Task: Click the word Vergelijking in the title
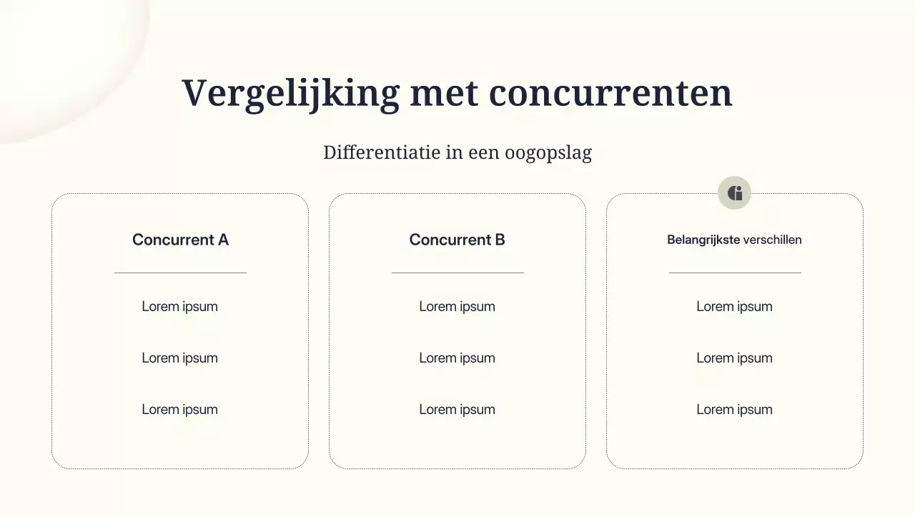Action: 290,94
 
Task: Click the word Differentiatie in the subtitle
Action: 381,152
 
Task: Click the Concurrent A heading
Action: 180,240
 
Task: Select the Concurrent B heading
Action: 457,240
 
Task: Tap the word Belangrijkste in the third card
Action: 703,240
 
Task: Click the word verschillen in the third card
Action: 772,240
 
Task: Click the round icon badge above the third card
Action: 734,192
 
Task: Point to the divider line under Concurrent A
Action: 180,273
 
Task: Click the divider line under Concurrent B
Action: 457,273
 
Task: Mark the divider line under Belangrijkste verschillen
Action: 735,273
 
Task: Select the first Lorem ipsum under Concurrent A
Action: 179,306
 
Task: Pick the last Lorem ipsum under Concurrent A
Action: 179,409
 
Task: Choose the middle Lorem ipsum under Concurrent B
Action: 457,358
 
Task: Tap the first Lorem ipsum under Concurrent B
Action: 457,306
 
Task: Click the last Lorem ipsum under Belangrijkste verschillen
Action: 734,409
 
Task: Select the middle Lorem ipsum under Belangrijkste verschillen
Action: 734,358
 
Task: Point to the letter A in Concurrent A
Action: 223,240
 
